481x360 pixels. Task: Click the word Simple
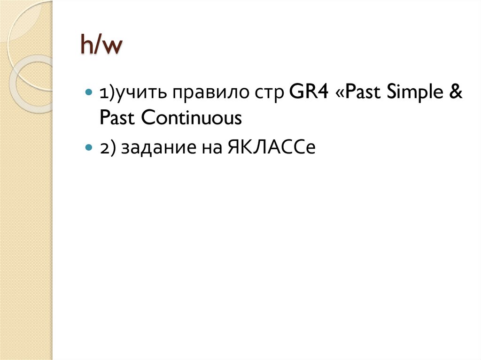[411, 94]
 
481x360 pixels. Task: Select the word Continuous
[192, 118]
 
